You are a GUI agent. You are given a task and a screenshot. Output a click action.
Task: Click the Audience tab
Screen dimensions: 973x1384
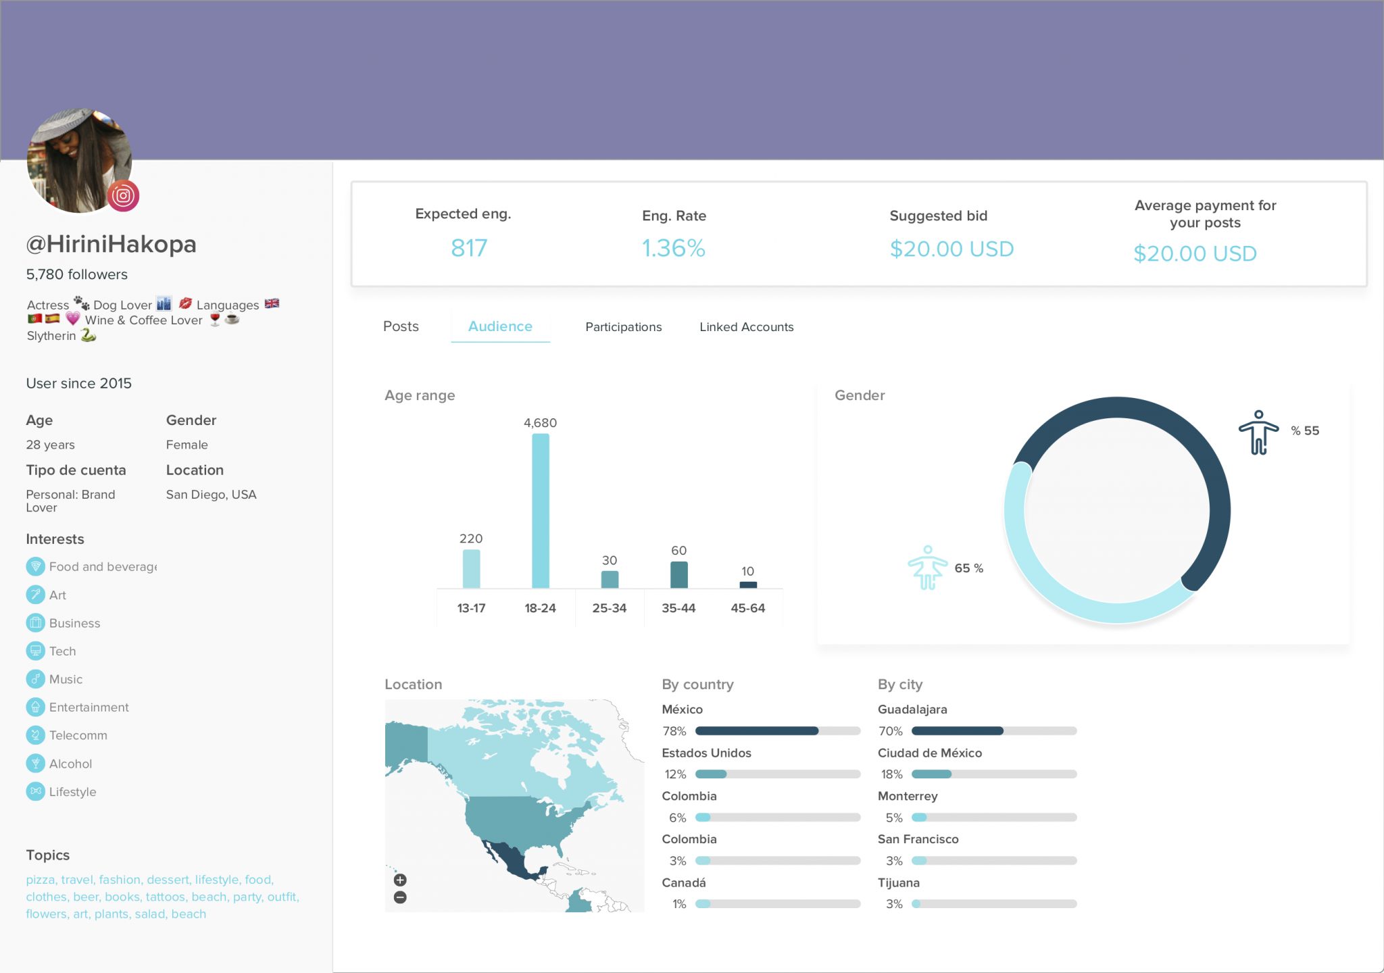500,326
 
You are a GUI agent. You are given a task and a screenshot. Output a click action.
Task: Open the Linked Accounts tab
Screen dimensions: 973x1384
746,327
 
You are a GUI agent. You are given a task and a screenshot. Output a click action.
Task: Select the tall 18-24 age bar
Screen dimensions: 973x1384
540,511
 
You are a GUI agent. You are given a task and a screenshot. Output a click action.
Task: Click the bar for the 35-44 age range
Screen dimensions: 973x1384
678,575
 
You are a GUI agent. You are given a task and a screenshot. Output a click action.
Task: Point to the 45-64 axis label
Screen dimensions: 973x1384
747,608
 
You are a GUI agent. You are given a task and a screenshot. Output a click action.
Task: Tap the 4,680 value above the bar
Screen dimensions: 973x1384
540,423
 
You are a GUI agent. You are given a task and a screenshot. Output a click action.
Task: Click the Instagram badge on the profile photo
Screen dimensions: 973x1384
123,196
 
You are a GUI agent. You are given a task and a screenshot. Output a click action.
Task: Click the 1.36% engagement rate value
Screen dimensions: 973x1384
673,249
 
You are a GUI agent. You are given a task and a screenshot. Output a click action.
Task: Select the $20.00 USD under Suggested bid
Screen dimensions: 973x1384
951,249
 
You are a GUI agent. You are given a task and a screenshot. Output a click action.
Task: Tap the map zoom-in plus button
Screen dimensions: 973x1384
400,880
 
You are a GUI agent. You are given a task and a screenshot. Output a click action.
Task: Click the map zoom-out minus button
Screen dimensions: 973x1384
400,897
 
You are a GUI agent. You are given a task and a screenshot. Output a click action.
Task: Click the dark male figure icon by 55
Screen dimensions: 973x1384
1258,432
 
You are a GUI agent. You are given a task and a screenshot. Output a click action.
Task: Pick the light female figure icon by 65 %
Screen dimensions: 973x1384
927,568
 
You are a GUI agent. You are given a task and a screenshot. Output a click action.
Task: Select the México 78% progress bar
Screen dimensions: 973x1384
777,731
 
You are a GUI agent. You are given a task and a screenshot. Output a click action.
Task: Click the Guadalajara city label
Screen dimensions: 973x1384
912,709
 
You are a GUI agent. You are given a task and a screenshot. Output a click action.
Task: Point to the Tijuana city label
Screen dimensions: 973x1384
898,882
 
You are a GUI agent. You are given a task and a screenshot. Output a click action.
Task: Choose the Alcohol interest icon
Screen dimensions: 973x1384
35,764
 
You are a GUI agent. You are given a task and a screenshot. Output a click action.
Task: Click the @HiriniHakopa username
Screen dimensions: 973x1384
111,244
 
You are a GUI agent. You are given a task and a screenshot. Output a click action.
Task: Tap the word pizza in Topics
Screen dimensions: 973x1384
40,880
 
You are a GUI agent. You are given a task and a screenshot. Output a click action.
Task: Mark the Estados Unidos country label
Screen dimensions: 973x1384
706,753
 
